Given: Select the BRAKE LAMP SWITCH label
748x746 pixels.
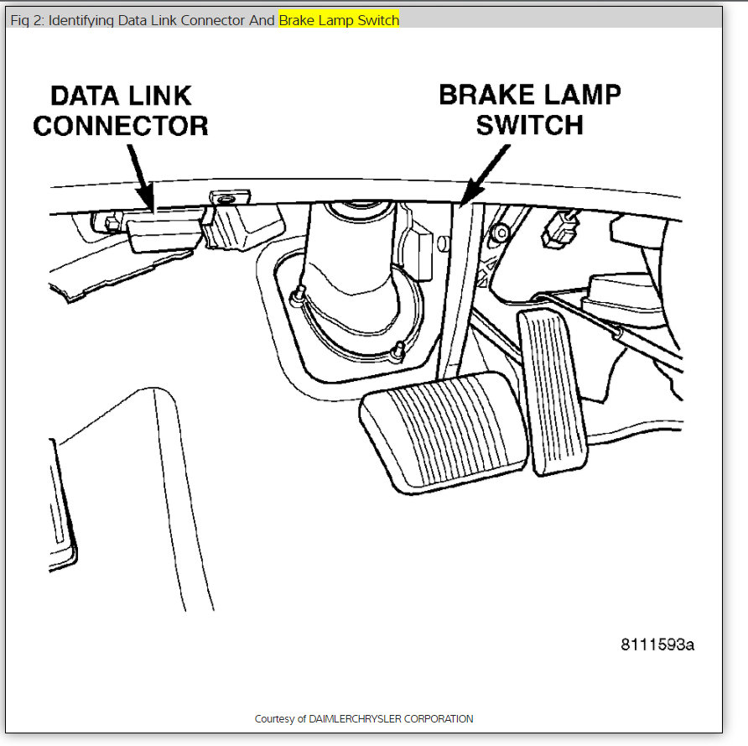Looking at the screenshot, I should click(530, 109).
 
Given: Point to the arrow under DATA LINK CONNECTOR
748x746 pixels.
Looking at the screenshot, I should click(142, 176).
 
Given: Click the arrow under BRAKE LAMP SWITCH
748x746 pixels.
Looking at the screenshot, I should click(486, 175).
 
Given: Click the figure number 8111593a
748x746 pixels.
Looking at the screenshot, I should click(657, 644).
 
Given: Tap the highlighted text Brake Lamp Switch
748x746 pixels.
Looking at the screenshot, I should click(339, 20).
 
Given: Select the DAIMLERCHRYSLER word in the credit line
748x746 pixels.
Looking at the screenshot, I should click(357, 719).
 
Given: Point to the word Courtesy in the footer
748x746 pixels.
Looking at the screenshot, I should click(274, 719).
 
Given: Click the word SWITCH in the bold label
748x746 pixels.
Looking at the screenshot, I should click(530, 125).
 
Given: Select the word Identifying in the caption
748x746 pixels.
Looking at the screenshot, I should click(82, 20).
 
